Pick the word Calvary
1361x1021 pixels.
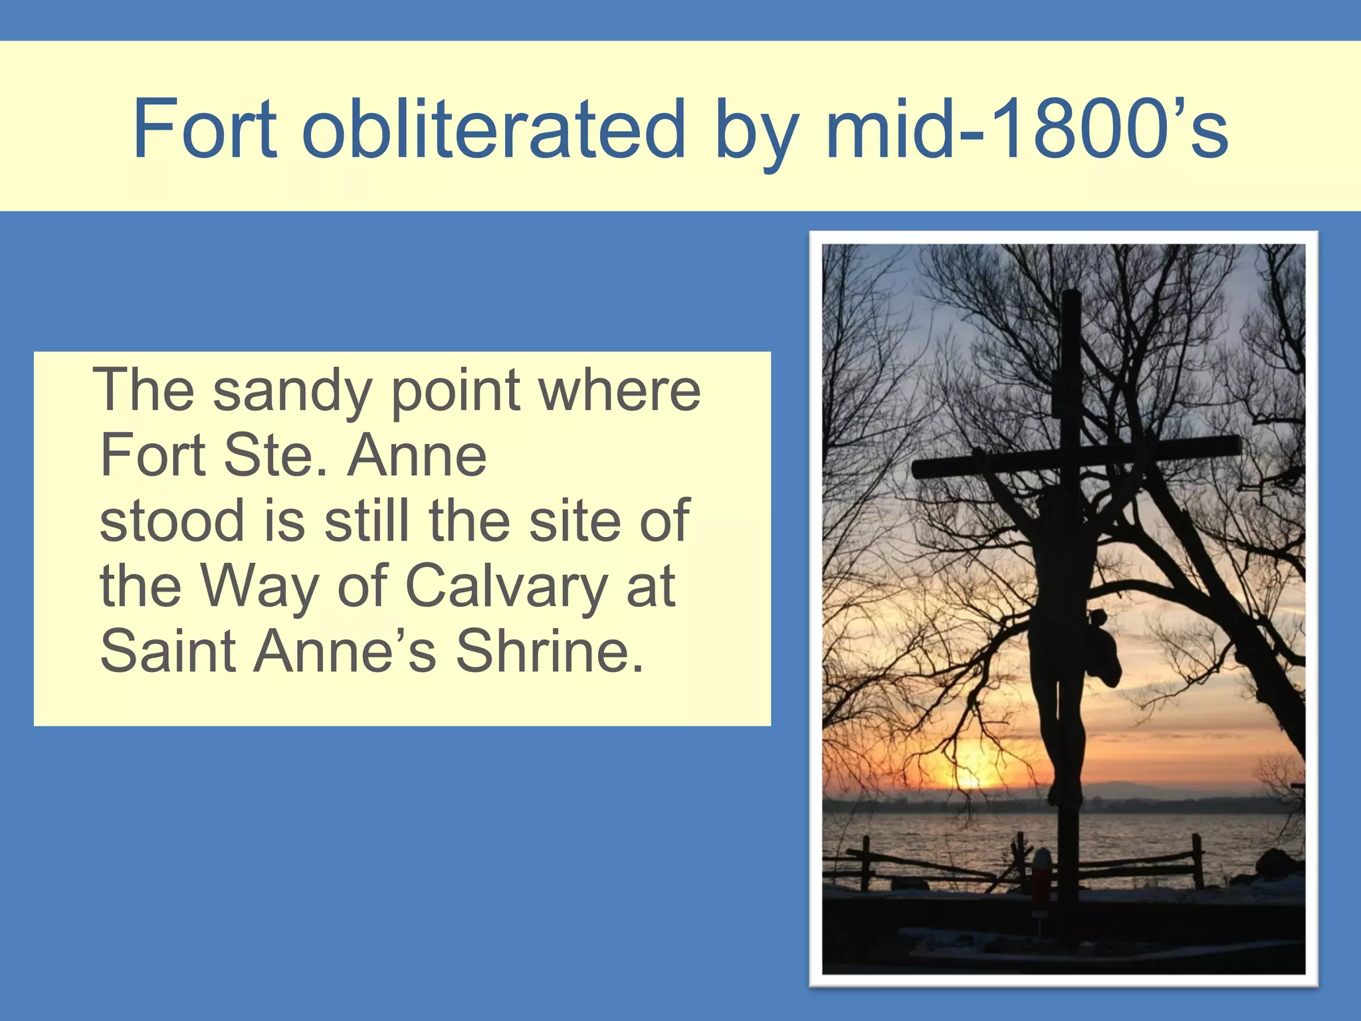click(x=506, y=586)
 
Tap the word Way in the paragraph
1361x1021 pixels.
click(x=259, y=586)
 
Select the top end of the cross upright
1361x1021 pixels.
click(x=1071, y=296)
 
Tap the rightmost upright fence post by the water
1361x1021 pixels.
click(x=1198, y=861)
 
